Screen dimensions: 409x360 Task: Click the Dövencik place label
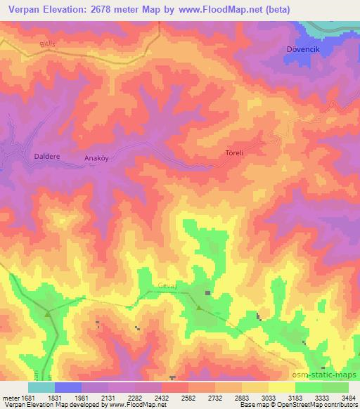coord(302,48)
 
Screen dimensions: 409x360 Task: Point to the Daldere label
coord(46,157)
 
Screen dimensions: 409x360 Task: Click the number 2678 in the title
coord(108,8)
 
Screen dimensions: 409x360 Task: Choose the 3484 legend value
coord(348,398)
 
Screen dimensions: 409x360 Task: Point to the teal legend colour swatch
coord(41,387)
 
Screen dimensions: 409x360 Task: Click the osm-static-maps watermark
coord(323,375)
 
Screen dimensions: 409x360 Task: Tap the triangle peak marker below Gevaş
coord(199,308)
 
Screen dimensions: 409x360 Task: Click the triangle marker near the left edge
coord(48,314)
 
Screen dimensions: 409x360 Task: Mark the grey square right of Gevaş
coord(207,292)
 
